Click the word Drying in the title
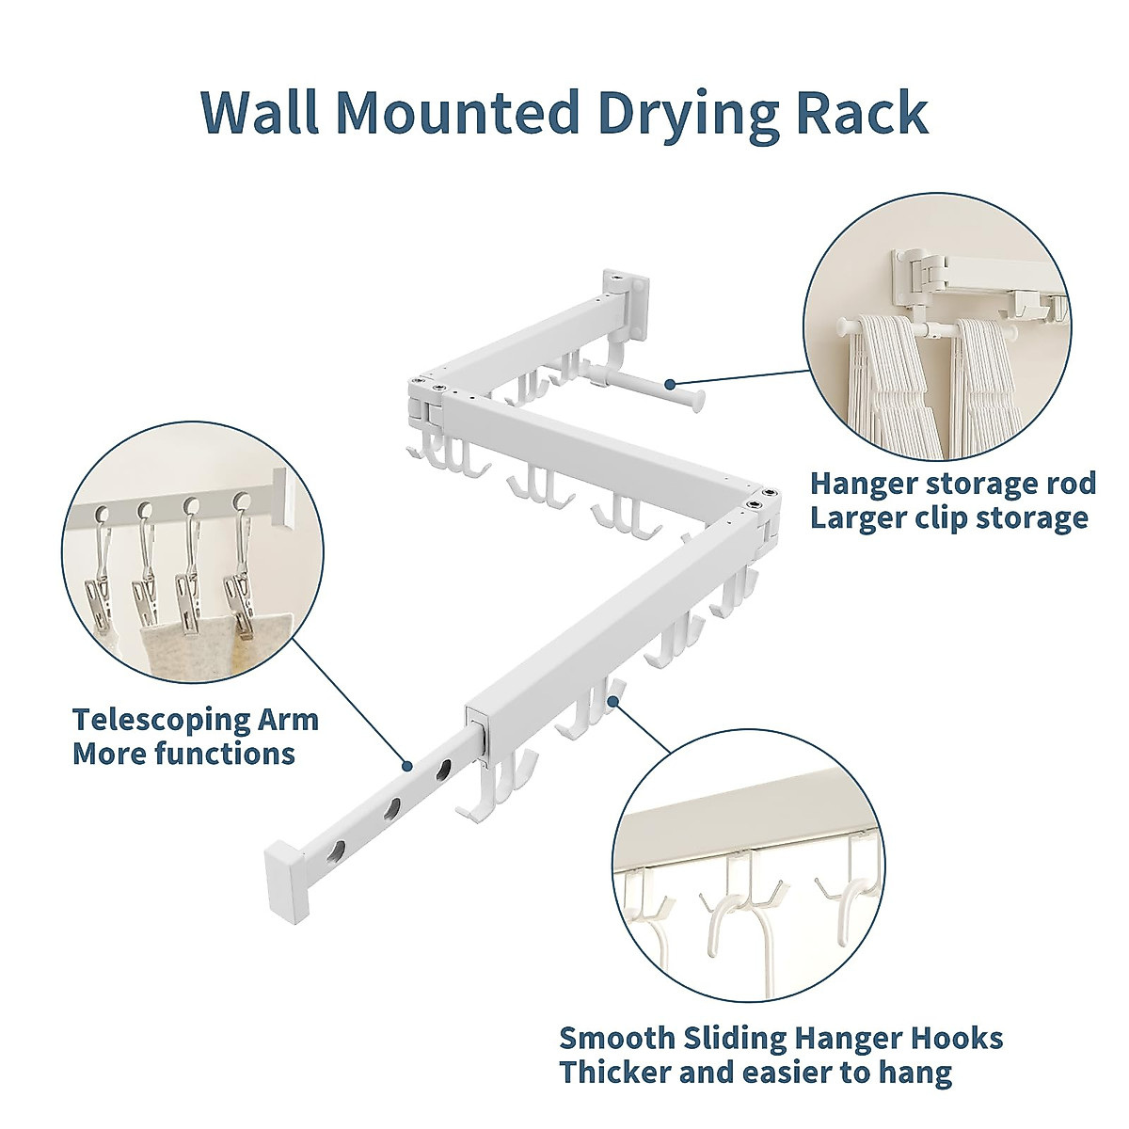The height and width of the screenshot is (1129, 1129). pos(685,113)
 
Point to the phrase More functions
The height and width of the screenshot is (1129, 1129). pos(183,754)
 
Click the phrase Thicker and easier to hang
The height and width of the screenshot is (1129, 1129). pos(755,1073)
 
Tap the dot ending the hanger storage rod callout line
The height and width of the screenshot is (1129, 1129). pos(669,383)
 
